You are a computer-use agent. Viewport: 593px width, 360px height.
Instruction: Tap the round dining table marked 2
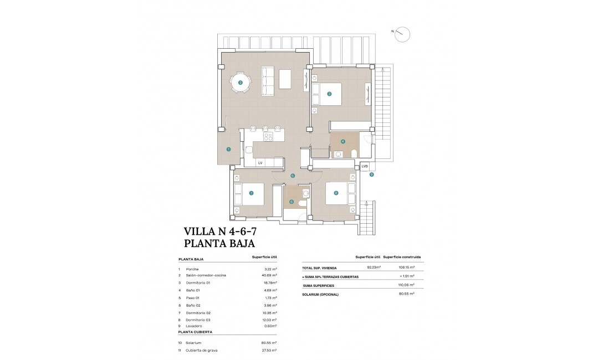(241, 83)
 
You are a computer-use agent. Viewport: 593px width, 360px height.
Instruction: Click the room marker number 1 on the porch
(228, 148)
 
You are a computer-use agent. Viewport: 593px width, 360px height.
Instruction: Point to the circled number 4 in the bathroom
(343, 141)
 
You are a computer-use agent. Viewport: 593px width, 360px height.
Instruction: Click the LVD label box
(364, 166)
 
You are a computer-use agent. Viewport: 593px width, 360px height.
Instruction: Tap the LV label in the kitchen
(260, 163)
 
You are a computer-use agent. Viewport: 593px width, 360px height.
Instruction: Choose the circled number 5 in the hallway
(293, 176)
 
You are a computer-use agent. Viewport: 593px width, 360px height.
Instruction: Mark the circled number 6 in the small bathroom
(292, 202)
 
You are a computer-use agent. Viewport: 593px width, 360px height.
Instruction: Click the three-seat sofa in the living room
(268, 81)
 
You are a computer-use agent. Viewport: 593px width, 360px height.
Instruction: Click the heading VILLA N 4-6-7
(219, 231)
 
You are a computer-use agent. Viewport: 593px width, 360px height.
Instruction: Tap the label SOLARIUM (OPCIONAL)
(320, 294)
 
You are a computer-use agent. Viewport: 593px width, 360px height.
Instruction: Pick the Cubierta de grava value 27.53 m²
(269, 351)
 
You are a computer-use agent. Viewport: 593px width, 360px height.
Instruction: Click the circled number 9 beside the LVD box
(371, 174)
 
